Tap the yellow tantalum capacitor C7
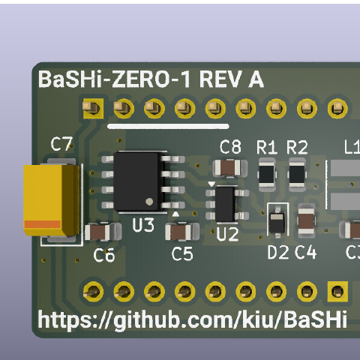[52, 200]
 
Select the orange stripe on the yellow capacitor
[42, 224]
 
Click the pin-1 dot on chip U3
[149, 202]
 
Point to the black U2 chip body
[226, 204]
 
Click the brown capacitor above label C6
[103, 232]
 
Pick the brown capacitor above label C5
[182, 232]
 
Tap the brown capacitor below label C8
[230, 168]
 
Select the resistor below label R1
[267, 174]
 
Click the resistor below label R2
[297, 174]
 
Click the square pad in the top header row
[93, 109]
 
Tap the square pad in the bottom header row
[337, 292]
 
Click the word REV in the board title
[220, 79]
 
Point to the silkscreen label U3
[143, 225]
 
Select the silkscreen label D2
[278, 252]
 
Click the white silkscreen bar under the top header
[168, 126]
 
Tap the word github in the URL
[147, 320]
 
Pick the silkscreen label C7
[61, 144]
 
